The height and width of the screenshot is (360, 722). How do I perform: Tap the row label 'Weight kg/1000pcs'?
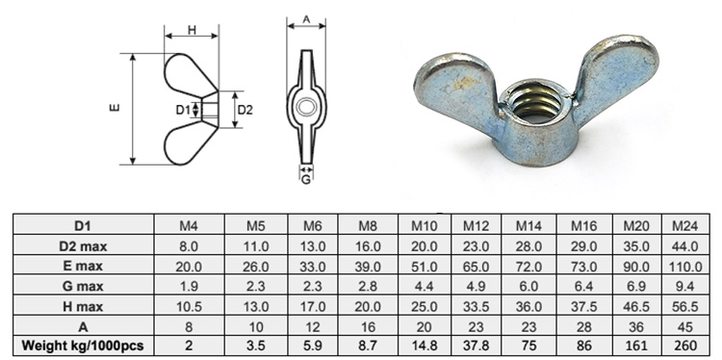click(82, 345)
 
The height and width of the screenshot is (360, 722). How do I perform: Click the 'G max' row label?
click(82, 286)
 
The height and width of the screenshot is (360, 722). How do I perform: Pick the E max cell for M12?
click(475, 266)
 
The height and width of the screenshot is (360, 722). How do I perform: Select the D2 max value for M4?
click(190, 246)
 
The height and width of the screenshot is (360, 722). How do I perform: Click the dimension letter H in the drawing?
click(192, 31)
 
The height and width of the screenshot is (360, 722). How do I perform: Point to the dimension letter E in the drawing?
click(115, 109)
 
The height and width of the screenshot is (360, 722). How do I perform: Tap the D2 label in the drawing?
click(245, 109)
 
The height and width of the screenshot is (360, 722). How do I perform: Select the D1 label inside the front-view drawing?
click(183, 110)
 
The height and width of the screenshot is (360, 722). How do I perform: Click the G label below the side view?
click(305, 178)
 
